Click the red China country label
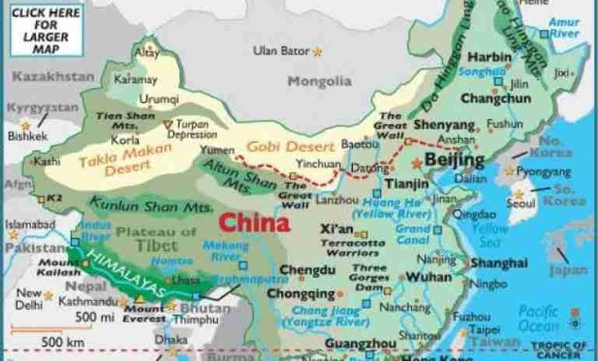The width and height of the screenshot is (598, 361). tap(254, 222)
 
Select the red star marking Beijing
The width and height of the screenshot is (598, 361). tap(418, 163)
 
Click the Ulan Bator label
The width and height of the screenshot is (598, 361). tap(280, 51)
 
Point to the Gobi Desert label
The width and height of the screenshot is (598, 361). tap(279, 146)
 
